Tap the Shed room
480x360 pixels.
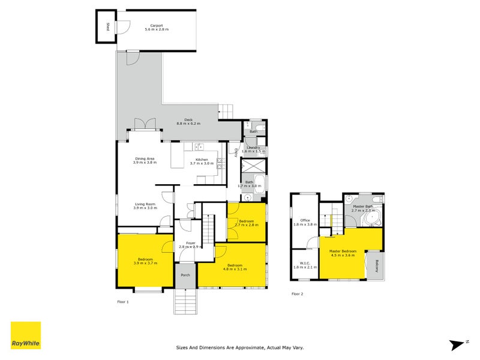(x=107, y=26)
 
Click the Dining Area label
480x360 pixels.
(x=145, y=160)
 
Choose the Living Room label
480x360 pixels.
(x=145, y=206)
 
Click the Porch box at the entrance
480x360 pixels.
(x=185, y=277)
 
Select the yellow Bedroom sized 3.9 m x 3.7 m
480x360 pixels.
(x=145, y=261)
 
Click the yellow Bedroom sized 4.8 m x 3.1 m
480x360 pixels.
(x=235, y=267)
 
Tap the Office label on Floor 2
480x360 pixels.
(x=304, y=222)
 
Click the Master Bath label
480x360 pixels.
(x=363, y=208)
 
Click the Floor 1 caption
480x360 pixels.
(x=123, y=302)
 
